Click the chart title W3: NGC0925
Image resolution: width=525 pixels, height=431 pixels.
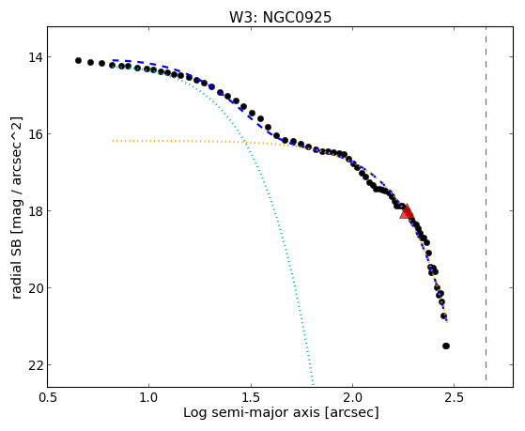(x=280, y=18)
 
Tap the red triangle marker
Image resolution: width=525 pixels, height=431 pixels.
(x=408, y=211)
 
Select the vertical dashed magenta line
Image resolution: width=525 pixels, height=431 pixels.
(x=486, y=204)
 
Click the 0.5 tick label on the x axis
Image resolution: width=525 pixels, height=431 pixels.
(x=48, y=398)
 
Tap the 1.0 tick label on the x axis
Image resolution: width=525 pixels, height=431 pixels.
(x=149, y=398)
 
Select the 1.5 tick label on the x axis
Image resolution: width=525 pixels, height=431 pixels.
(x=251, y=398)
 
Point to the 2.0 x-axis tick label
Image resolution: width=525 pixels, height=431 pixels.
(x=352, y=398)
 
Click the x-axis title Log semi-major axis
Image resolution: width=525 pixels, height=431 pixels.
(x=251, y=412)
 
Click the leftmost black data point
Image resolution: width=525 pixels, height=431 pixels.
(x=78, y=61)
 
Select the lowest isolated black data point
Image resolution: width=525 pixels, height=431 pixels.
(x=446, y=346)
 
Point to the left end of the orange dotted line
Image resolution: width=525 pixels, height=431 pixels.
(x=113, y=141)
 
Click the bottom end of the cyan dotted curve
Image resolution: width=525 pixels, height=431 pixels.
(x=313, y=385)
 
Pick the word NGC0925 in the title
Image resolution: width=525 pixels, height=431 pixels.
(x=298, y=18)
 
